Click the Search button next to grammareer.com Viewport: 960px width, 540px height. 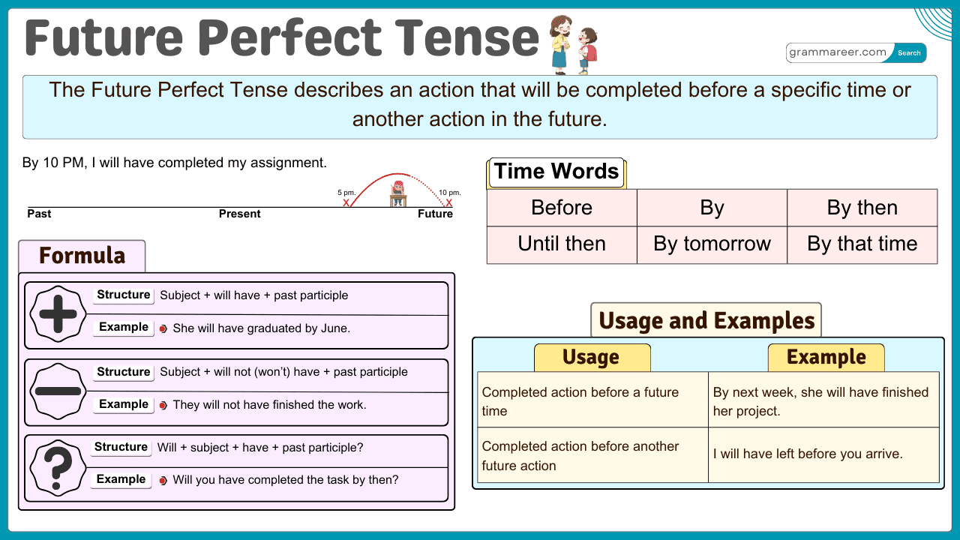pyautogui.click(x=909, y=53)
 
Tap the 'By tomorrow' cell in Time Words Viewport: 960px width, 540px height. pyautogui.click(x=712, y=244)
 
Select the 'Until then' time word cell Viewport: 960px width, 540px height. pyautogui.click(x=562, y=244)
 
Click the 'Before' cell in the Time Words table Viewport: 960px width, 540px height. pyautogui.click(x=562, y=208)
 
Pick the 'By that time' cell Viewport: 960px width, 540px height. pyautogui.click(x=862, y=244)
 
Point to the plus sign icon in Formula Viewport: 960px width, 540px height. pyautogui.click(x=58, y=315)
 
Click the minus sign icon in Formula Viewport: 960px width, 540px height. pyautogui.click(x=58, y=391)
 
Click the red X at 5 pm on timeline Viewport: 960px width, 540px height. pyautogui.click(x=346, y=202)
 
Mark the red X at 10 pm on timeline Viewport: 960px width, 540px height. pyautogui.click(x=449, y=202)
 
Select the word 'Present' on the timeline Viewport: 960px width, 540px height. pyautogui.click(x=239, y=214)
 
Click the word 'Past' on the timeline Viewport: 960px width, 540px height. pyautogui.click(x=39, y=214)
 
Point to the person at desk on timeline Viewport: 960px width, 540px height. pyautogui.click(x=398, y=193)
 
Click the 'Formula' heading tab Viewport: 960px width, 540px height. pyautogui.click(x=82, y=256)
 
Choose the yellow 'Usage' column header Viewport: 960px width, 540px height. pyautogui.click(x=591, y=358)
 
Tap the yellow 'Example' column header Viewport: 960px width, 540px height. pyautogui.click(x=826, y=358)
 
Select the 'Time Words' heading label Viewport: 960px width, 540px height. pyautogui.click(x=556, y=172)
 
